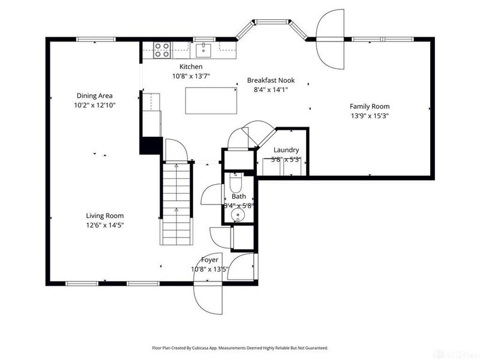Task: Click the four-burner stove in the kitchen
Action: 161,49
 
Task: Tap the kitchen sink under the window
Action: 204,49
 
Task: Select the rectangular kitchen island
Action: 210,100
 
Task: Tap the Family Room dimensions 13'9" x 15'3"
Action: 370,116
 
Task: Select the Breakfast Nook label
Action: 271,80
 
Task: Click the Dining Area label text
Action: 94,95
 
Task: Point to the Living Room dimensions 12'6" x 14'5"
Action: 104,225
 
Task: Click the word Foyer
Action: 209,260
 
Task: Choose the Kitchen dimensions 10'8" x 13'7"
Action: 191,76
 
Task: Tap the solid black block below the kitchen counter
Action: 151,146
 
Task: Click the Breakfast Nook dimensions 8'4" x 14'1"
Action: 271,90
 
